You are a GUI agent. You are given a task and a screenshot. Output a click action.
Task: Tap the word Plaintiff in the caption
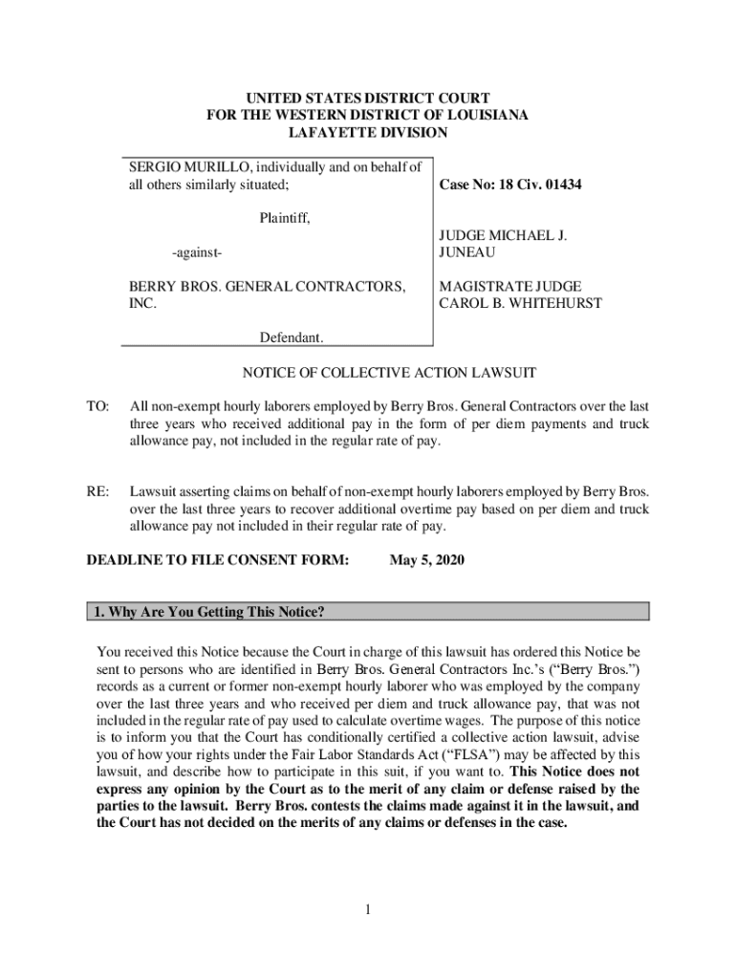pos(285,218)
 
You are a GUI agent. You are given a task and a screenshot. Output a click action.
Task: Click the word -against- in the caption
pos(197,252)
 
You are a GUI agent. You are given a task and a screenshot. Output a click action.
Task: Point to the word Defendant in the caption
pos(292,337)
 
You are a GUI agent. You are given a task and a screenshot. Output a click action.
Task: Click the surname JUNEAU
pos(468,252)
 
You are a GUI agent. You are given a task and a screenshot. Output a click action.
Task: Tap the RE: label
pos(98,491)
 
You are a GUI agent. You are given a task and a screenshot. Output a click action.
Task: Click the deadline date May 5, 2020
pos(426,560)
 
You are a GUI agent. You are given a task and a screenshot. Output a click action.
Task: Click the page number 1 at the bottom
pos(367,909)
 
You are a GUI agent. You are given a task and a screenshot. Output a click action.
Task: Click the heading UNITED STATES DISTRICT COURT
pos(367,98)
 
